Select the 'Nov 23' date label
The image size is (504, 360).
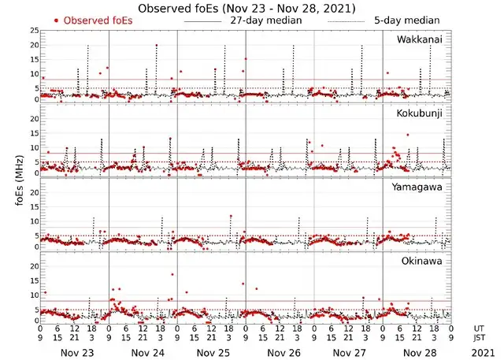coord(76,352)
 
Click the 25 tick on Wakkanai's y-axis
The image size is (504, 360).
coord(33,30)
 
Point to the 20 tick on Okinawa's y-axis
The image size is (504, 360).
coord(33,265)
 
